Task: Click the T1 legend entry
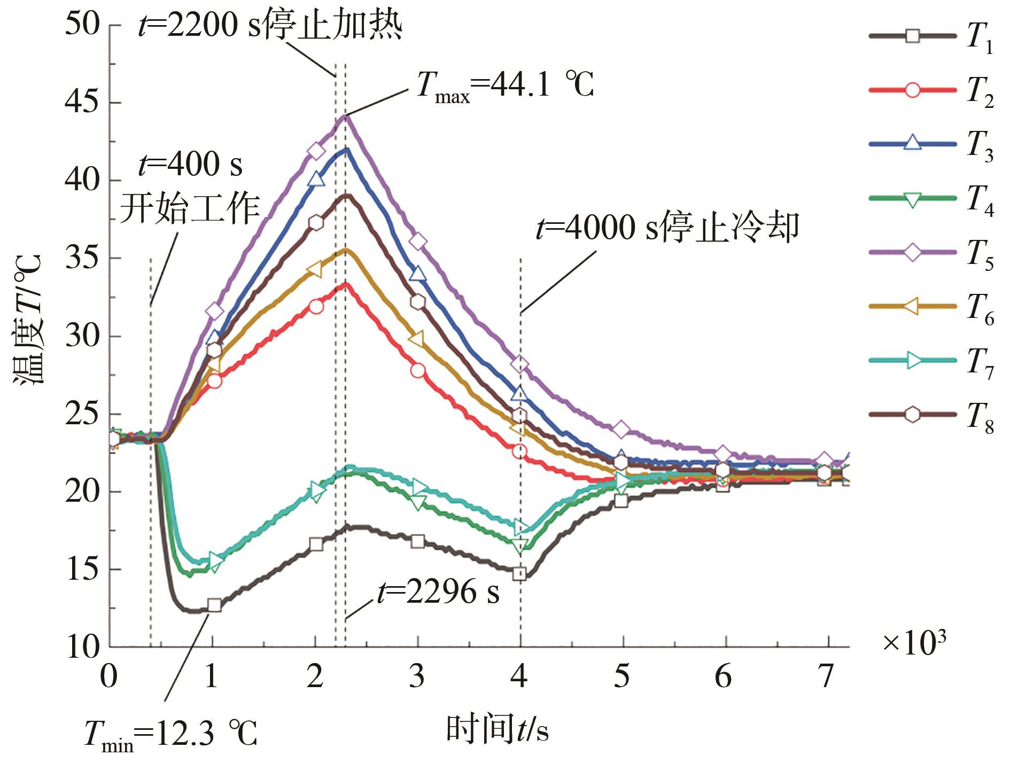[x=933, y=37]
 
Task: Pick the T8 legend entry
[x=933, y=415]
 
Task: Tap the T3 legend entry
[x=933, y=144]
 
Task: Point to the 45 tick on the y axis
[x=82, y=103]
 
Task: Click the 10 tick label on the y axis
[x=82, y=648]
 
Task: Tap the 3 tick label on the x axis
[x=417, y=678]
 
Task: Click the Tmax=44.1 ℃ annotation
[x=505, y=85]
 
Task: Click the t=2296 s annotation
[x=438, y=592]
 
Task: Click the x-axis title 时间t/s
[x=497, y=729]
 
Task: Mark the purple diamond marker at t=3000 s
[x=418, y=242]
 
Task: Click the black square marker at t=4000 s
[x=519, y=574]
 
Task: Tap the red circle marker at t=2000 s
[x=316, y=307]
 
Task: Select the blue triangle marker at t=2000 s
[x=316, y=180]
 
